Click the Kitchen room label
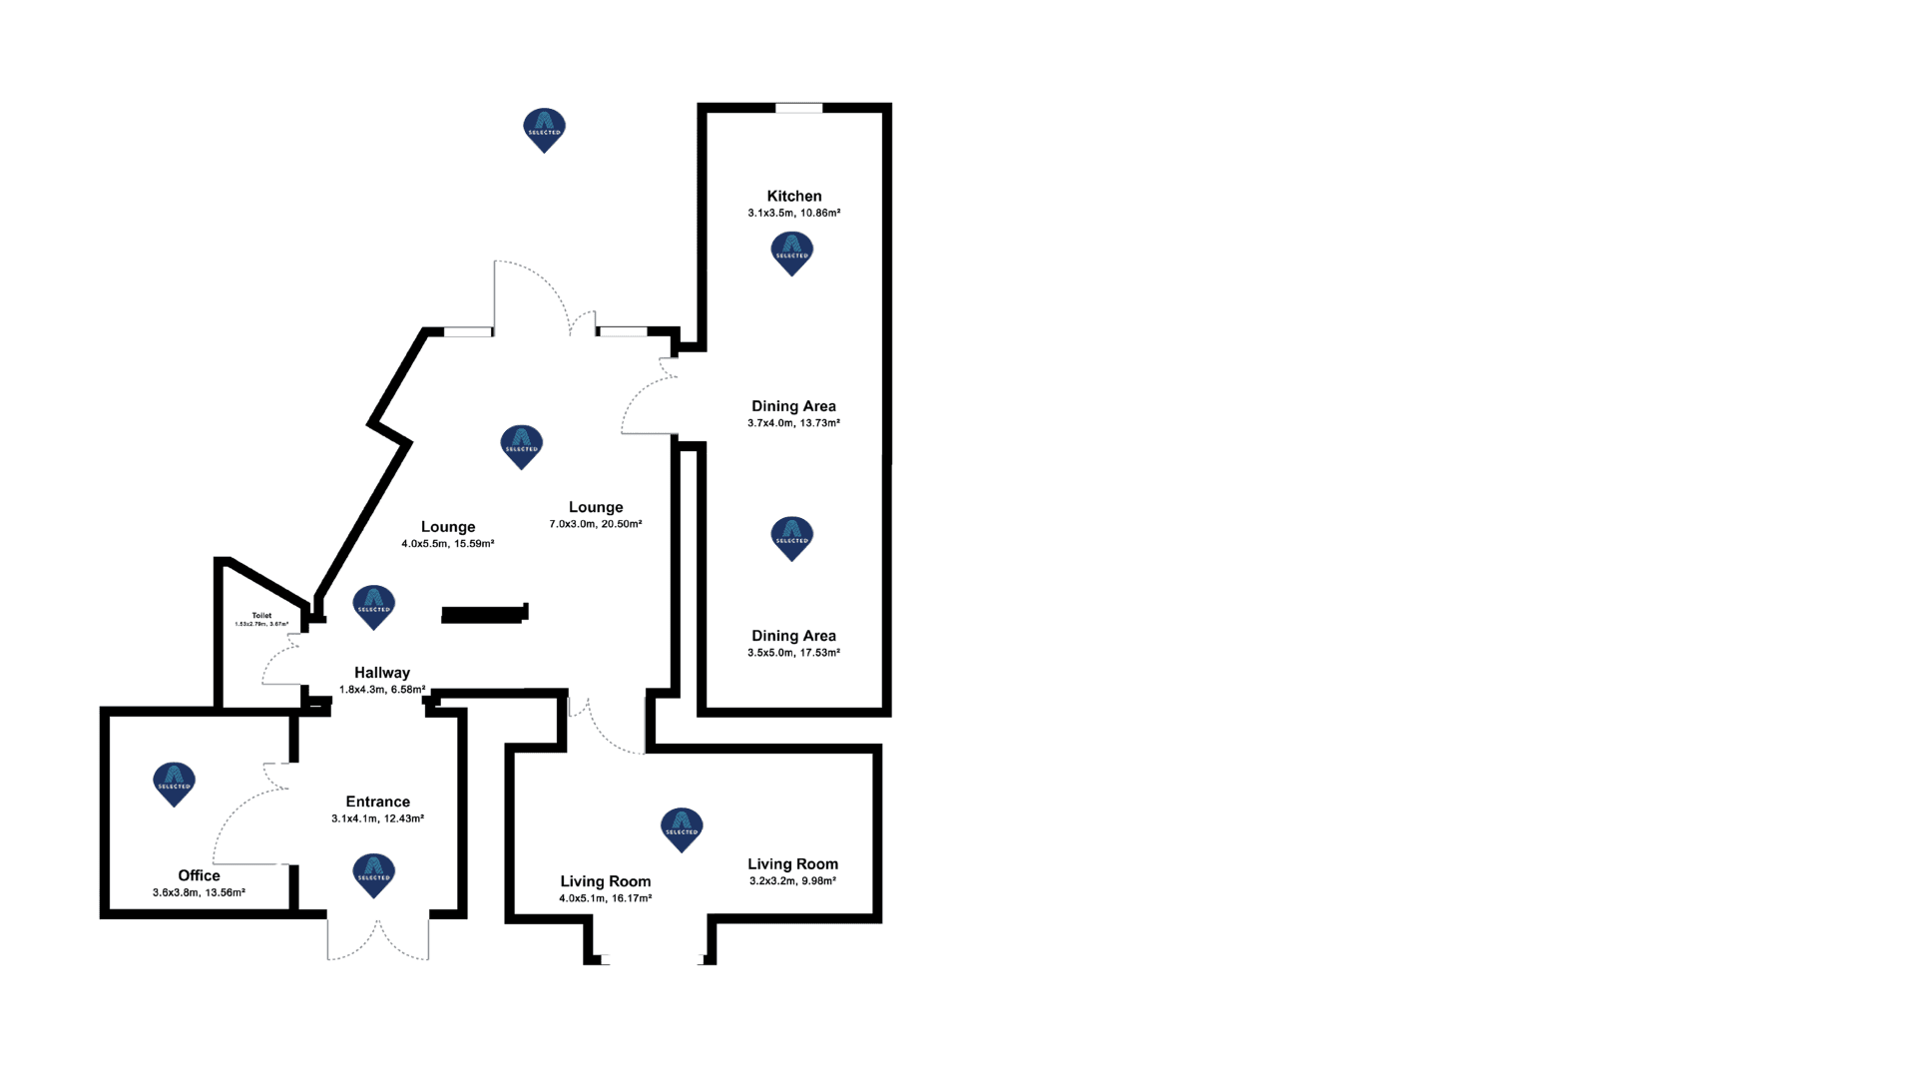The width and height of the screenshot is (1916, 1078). pos(793,197)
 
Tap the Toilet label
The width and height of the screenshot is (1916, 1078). pos(261,616)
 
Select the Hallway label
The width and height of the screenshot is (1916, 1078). pos(382,673)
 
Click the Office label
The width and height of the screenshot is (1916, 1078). pos(199,875)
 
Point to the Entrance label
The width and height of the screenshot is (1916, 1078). pos(377,802)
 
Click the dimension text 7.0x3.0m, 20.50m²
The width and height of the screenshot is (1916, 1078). pos(595,524)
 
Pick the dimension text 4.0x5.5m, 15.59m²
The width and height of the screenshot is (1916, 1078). pos(447,544)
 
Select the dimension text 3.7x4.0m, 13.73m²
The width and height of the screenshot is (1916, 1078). pos(793,423)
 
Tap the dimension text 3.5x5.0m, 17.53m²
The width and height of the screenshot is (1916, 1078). pos(793,653)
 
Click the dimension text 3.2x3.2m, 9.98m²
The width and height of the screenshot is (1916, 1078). pos(792,881)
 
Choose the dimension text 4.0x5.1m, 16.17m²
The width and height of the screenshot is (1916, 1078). pos(605,898)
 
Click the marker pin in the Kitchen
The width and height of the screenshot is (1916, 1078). pos(792,253)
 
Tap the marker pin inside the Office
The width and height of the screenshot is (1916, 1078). pos(174,784)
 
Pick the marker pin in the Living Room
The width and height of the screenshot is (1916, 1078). pos(682,828)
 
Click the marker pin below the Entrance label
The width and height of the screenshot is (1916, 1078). pos(374,874)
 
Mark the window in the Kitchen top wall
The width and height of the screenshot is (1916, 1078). pos(799,108)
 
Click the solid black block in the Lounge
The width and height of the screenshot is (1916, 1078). pos(483,615)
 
